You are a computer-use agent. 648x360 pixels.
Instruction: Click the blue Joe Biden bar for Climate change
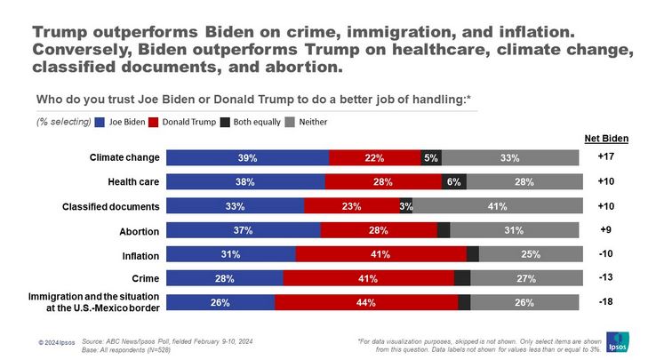(x=247, y=158)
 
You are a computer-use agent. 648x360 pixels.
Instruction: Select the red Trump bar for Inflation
(x=380, y=254)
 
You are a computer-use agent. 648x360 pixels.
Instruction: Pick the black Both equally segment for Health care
(x=453, y=182)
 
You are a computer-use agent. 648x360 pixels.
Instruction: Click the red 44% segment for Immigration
(x=365, y=302)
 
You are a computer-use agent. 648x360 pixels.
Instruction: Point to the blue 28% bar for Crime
(x=225, y=278)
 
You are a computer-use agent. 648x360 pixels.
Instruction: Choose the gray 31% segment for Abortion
(x=513, y=230)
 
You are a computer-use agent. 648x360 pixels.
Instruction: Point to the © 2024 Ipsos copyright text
(x=56, y=343)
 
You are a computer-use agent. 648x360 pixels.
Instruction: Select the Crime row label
(x=145, y=278)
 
